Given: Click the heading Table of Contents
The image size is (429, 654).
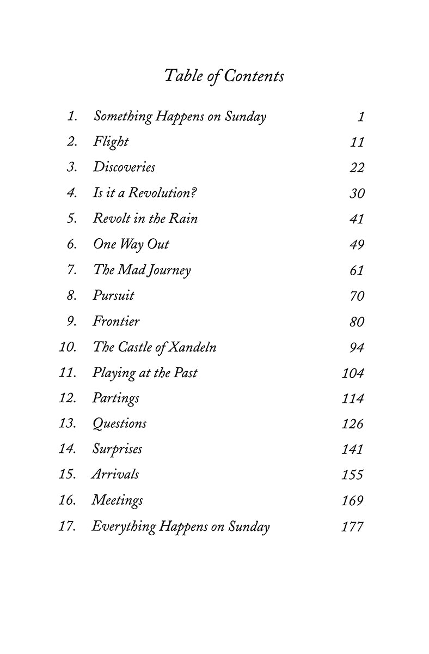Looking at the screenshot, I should click(224, 76).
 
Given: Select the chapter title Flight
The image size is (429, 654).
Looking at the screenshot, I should click(111, 142).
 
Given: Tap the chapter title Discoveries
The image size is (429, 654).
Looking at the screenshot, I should click(124, 167).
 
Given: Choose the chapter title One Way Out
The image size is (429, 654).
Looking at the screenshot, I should click(131, 244).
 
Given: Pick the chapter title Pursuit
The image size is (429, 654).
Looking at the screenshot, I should click(113, 296).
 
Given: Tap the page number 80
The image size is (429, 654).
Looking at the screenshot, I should click(357, 322).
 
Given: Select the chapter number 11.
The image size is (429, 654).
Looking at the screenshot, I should click(68, 373).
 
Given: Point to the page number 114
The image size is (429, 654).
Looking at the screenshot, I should click(352, 398).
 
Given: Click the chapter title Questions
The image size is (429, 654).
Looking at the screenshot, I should click(119, 424).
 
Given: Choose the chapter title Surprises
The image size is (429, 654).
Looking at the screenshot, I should click(117, 449).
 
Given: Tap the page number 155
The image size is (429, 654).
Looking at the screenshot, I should click(352, 475).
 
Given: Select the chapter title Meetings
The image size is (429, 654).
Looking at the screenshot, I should click(117, 500).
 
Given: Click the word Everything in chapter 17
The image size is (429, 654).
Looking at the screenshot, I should click(122, 527).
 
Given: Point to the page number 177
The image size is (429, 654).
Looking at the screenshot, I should click(352, 527).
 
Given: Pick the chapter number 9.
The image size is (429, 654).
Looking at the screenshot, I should click(72, 322).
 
